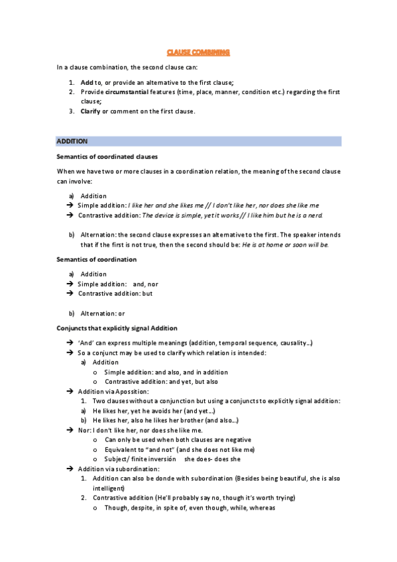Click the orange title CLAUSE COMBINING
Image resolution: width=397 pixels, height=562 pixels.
(198, 52)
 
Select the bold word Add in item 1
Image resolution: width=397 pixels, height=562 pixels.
(86, 82)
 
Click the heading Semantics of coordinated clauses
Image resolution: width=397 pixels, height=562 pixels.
(107, 156)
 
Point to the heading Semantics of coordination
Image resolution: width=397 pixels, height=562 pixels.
(97, 259)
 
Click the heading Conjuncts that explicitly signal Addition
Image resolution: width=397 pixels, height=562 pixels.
(116, 328)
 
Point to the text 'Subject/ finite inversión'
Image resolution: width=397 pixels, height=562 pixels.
(141, 459)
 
